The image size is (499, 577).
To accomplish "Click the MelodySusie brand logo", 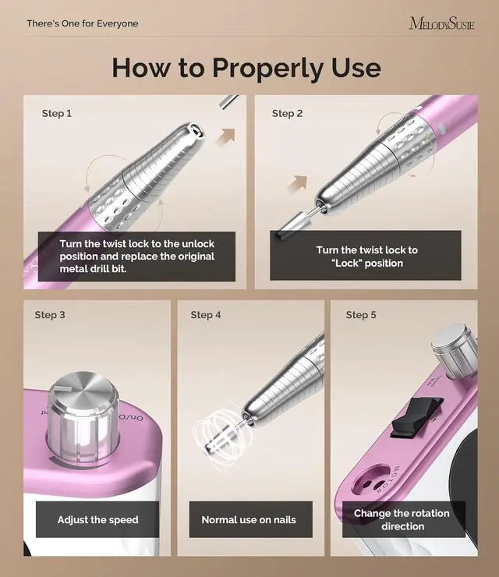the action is (x=441, y=23).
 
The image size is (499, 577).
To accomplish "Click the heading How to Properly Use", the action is (x=246, y=68).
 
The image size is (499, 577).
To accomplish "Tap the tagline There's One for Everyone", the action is (x=83, y=23).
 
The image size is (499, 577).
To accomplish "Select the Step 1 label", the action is (x=57, y=113).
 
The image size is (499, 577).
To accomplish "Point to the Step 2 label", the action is (x=287, y=113).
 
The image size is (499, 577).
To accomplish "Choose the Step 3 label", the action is (x=50, y=315).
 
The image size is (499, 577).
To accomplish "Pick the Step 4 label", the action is (x=206, y=315).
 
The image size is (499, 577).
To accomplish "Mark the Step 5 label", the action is (x=361, y=315).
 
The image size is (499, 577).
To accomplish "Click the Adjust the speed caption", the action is (x=98, y=519).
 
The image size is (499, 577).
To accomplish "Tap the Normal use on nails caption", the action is (x=249, y=519).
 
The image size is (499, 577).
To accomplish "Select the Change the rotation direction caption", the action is (x=402, y=519).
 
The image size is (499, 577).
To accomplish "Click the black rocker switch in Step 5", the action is (x=416, y=417).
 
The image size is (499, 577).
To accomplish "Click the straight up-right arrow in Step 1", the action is (x=226, y=137).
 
